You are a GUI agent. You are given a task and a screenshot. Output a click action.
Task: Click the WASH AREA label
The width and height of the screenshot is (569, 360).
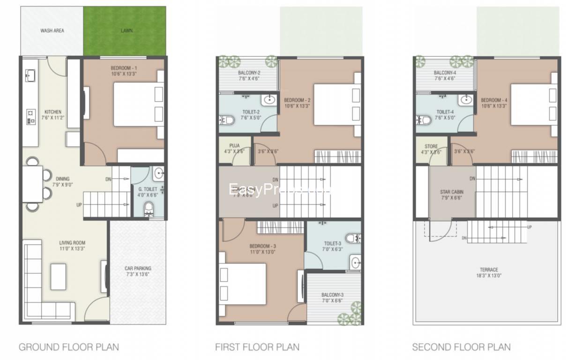tap(52, 31)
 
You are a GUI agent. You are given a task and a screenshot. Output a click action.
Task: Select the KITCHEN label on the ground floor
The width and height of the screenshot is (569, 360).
tap(53, 112)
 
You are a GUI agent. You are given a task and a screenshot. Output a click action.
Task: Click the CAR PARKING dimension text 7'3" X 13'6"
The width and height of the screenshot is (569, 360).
tap(138, 275)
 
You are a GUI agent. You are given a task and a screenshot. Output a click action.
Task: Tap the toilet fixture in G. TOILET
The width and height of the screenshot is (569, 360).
tap(149, 208)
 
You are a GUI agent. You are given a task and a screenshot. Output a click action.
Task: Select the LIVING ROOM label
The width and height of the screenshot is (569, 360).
tap(72, 243)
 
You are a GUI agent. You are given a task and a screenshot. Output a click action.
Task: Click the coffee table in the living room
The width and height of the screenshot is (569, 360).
tap(59, 277)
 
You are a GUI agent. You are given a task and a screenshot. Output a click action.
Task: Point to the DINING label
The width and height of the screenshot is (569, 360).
tap(62, 179)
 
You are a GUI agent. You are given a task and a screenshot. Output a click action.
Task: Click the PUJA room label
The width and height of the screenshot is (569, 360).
tap(235, 146)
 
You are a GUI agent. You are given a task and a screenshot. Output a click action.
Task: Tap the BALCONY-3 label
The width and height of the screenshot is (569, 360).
tap(333, 295)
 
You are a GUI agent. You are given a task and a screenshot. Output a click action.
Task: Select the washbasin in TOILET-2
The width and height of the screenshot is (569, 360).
tap(269, 100)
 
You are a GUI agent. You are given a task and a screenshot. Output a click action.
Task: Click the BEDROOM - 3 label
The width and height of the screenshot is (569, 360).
tap(262, 246)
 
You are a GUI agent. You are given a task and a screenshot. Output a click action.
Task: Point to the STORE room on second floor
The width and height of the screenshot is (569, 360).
tap(431, 149)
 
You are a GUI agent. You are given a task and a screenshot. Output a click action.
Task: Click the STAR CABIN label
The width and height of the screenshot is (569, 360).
tap(451, 192)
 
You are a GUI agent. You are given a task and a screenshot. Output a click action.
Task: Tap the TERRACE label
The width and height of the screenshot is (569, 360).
tap(488, 270)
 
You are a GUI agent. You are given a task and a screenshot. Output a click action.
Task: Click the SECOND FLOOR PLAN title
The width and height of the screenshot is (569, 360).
tap(461, 347)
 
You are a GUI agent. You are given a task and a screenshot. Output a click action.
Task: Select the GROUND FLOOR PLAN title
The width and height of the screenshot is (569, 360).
tap(68, 347)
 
